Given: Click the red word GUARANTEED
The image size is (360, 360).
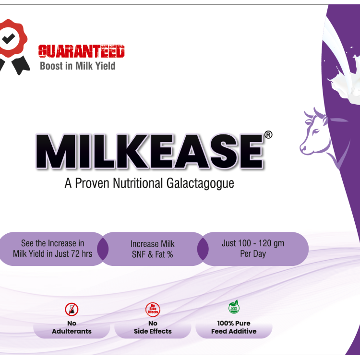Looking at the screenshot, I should click(81, 51).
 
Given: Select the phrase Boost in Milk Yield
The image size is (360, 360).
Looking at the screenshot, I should click(77, 66).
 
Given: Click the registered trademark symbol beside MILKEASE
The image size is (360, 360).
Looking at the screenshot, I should click(268, 135).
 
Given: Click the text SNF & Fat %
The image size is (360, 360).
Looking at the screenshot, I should click(152, 254).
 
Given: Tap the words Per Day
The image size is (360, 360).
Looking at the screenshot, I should click(253, 253).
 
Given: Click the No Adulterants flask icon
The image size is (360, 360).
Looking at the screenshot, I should click(72, 309).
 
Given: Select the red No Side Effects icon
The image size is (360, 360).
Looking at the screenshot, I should click(153, 309).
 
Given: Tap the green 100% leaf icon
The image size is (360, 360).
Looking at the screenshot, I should click(234, 307).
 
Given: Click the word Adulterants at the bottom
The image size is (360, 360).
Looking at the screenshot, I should click(72, 331).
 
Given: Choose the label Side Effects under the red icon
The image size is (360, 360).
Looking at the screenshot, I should click(153, 331).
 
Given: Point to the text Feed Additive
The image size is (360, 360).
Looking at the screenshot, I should click(234, 331).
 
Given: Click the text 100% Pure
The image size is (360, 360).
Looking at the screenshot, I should click(234, 323).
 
